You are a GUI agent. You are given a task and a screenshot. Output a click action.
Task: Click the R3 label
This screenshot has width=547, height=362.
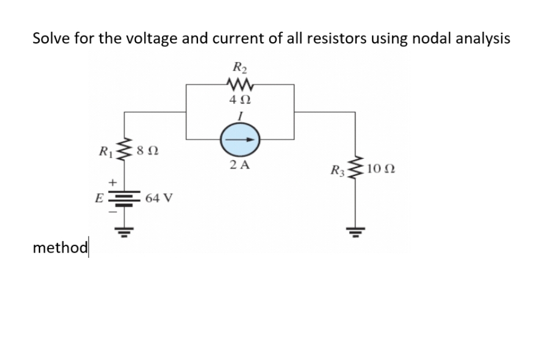point(337,170)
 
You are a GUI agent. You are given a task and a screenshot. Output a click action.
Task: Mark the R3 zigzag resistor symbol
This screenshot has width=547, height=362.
point(355,170)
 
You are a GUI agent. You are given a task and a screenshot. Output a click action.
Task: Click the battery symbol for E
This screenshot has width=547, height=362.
point(122,197)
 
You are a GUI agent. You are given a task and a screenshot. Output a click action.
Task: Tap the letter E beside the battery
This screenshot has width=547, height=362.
point(99,198)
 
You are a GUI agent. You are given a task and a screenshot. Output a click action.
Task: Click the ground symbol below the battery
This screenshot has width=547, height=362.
point(122,234)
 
